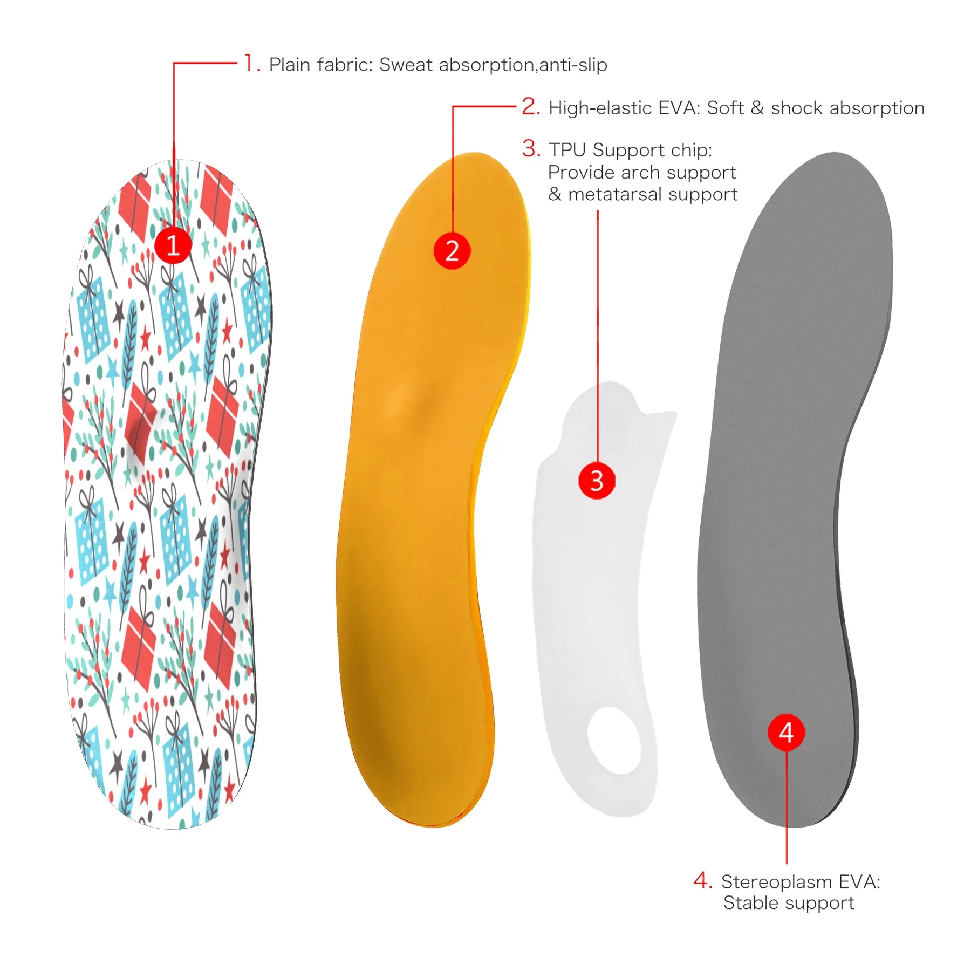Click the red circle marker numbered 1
pos(173,245)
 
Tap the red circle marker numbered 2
pos(452,251)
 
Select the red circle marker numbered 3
pos(597,480)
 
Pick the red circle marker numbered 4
pos(787,732)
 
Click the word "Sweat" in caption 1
pos(406,65)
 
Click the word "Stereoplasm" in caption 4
pos(777,881)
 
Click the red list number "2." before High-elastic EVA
pos(531,107)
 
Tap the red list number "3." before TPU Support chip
pos(531,148)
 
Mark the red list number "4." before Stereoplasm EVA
pos(703,880)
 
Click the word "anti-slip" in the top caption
pos(573,65)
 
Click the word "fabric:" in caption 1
pos(345,65)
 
